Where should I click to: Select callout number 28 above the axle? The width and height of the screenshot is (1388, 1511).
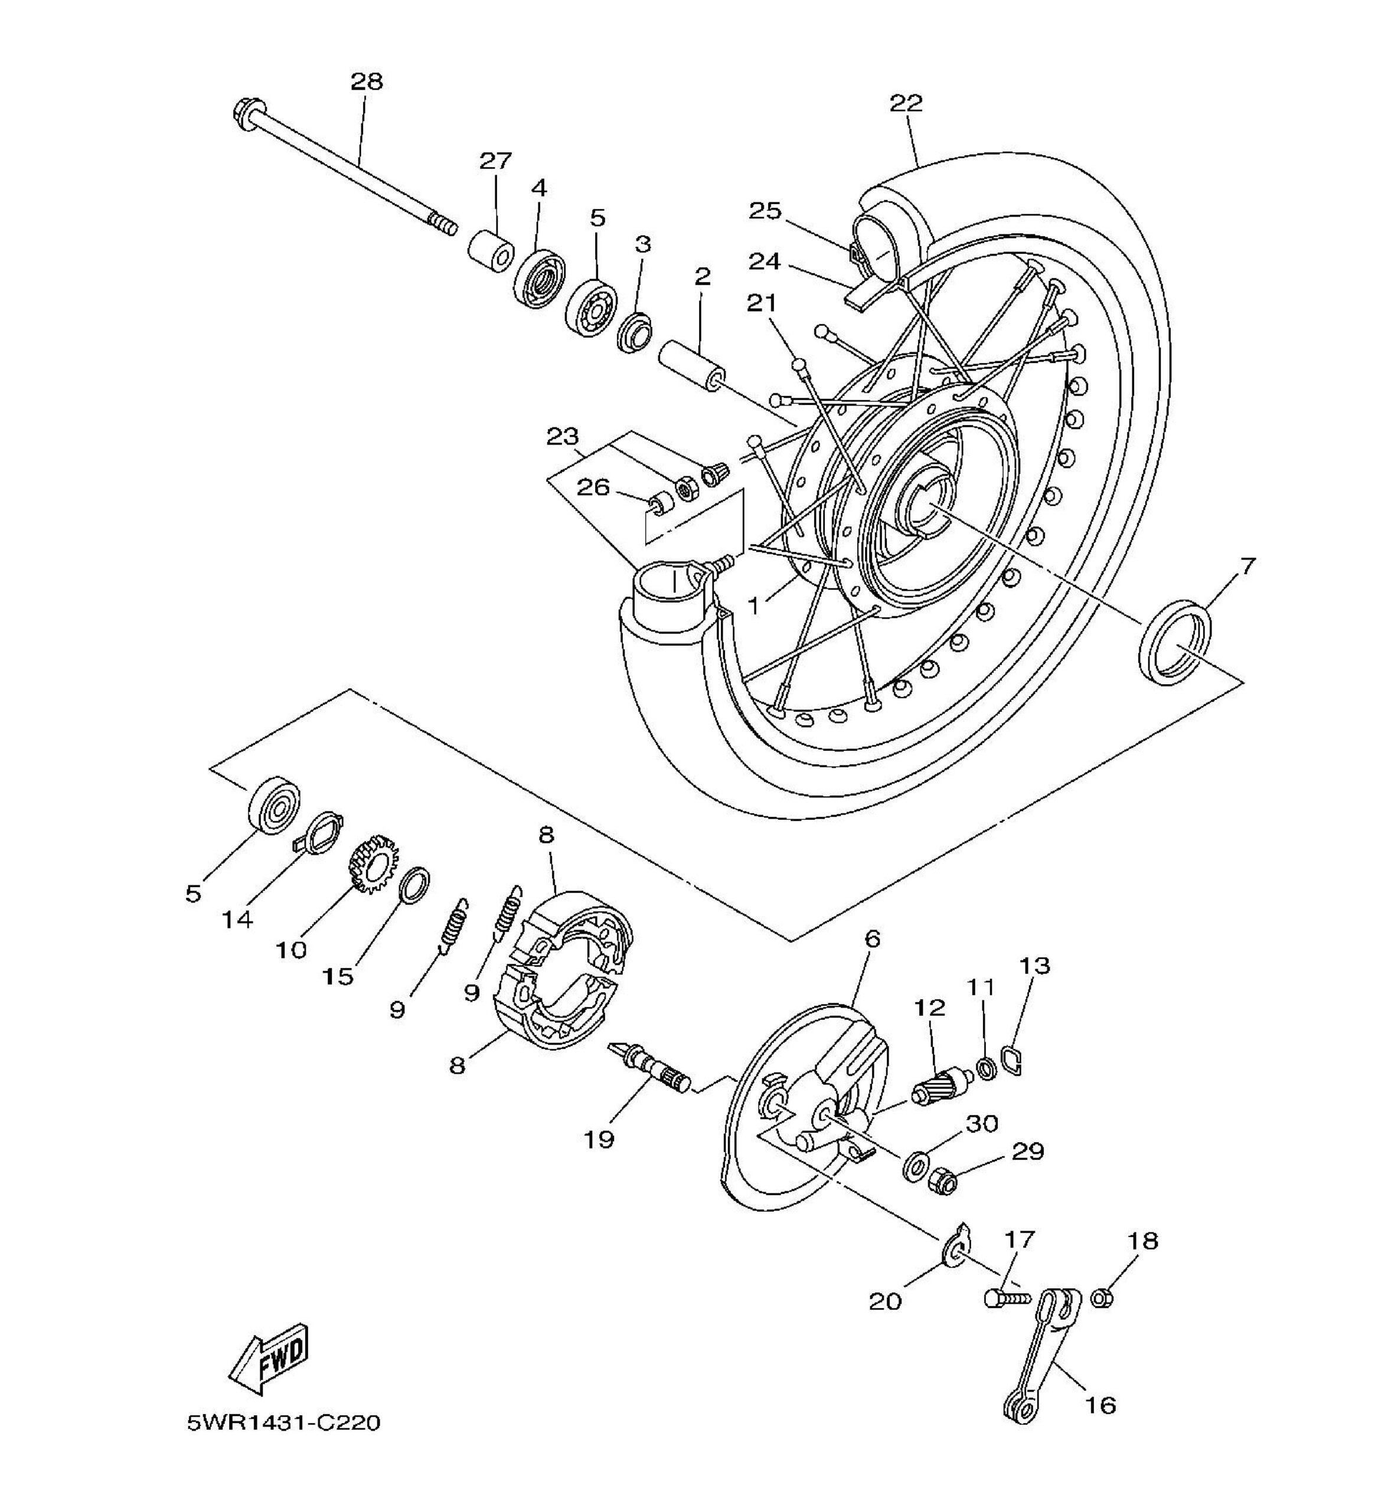pyautogui.click(x=367, y=81)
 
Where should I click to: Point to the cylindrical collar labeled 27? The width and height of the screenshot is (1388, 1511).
pyautogui.click(x=492, y=251)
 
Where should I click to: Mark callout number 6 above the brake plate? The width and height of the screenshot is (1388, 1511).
pyautogui.click(x=872, y=938)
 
